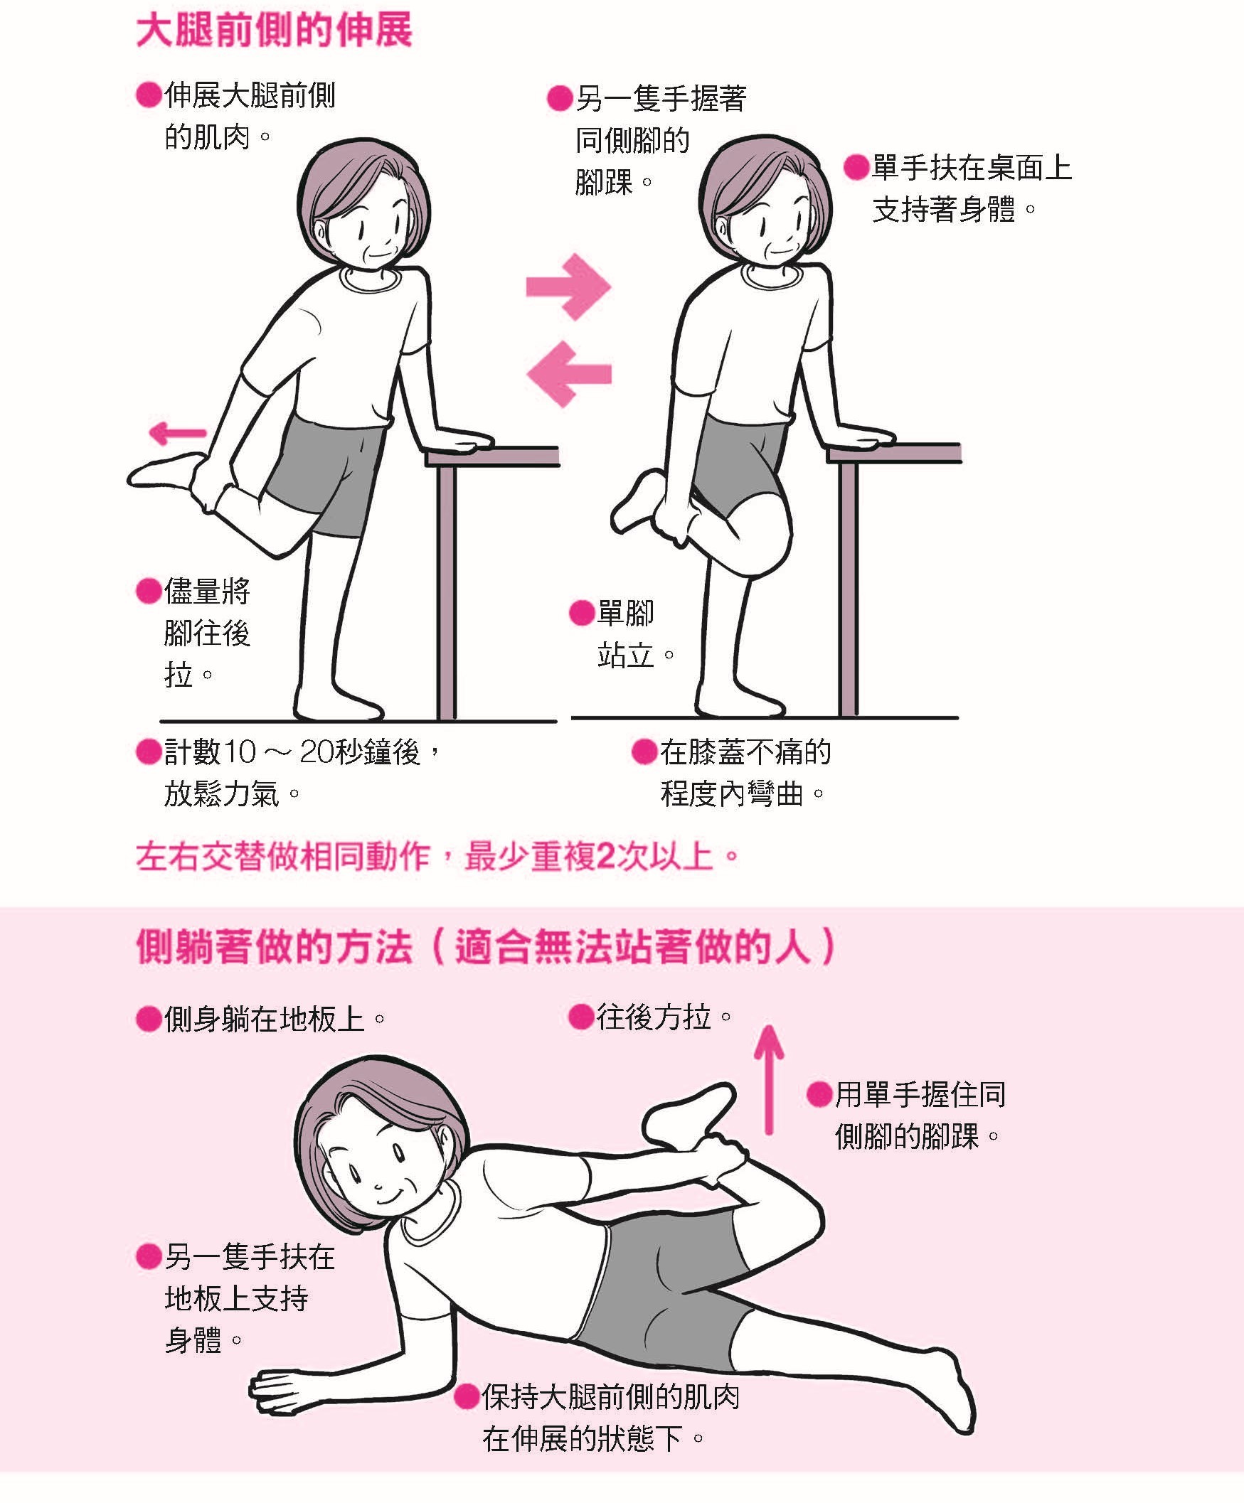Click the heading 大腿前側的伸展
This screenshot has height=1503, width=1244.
pos(275,32)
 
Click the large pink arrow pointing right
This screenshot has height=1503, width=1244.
pos(568,287)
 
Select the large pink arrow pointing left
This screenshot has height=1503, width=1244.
pos(568,373)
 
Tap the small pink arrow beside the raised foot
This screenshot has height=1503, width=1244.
pos(177,432)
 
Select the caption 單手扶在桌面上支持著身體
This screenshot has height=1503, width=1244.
pos(972,188)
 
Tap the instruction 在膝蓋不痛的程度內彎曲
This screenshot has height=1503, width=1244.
pos(745,773)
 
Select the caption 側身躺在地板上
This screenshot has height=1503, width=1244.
pos(275,1018)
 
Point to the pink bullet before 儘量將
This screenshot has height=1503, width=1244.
pos(148,592)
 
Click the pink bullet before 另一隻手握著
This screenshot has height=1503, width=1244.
pos(560,99)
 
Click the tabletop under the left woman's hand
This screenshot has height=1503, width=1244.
pos(492,456)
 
